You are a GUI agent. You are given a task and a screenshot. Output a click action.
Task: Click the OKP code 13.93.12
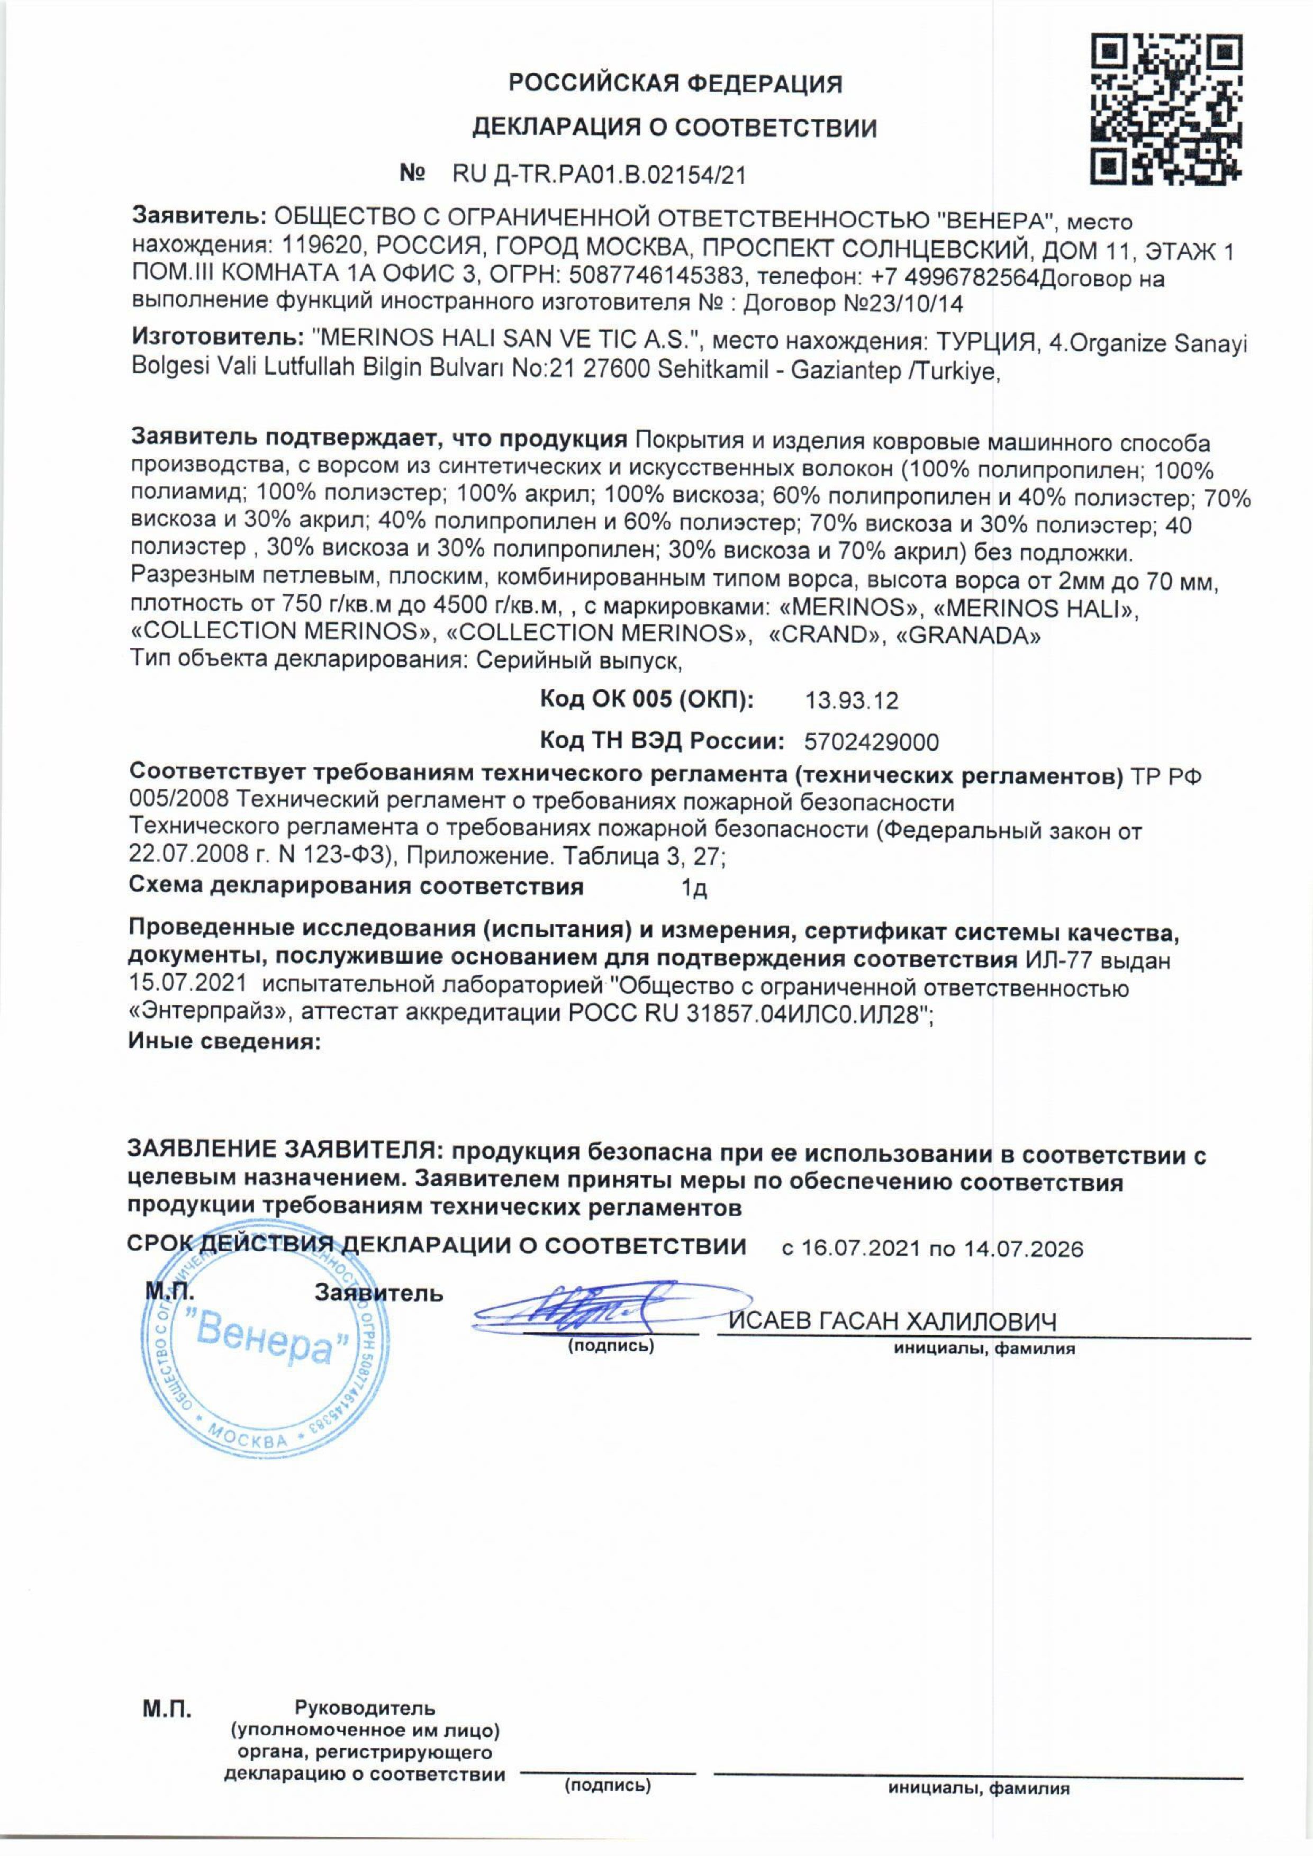(x=852, y=700)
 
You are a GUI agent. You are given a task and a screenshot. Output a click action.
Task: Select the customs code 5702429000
(x=872, y=741)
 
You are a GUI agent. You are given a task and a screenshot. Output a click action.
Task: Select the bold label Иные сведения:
(x=225, y=1041)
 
